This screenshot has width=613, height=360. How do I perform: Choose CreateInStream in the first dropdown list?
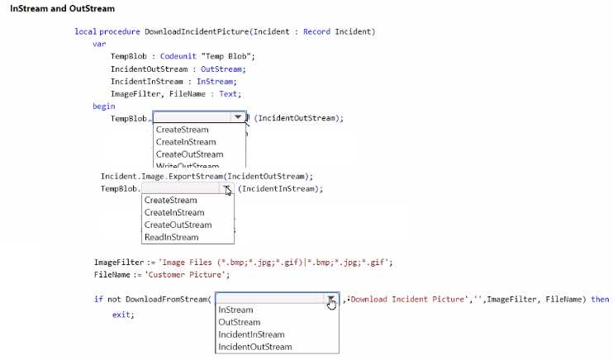tap(186, 142)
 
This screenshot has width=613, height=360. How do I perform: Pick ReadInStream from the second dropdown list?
tap(171, 237)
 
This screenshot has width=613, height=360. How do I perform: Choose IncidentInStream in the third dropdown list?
tap(251, 334)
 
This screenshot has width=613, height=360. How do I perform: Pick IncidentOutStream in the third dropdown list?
tap(254, 347)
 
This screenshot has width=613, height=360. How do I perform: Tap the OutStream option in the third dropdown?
tap(239, 322)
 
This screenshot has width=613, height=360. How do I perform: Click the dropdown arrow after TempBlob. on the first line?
tap(238, 117)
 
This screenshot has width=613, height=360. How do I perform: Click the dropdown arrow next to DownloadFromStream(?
tap(330, 299)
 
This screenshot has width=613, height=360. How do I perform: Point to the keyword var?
tap(98, 44)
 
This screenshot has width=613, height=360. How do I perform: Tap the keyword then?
tap(600, 299)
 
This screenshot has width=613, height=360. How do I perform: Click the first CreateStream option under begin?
tap(182, 130)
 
